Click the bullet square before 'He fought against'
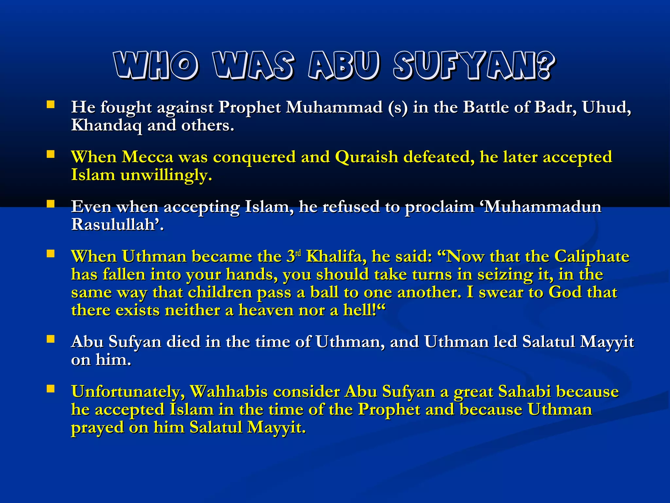pyautogui.click(x=50, y=104)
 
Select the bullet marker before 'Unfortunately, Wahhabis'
pyautogui.click(x=50, y=389)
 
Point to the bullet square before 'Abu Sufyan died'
pyautogui.click(x=50, y=339)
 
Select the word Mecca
pyautogui.click(x=148, y=157)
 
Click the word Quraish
pyautogui.click(x=366, y=157)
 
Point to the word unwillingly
pyautogui.click(x=166, y=175)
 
